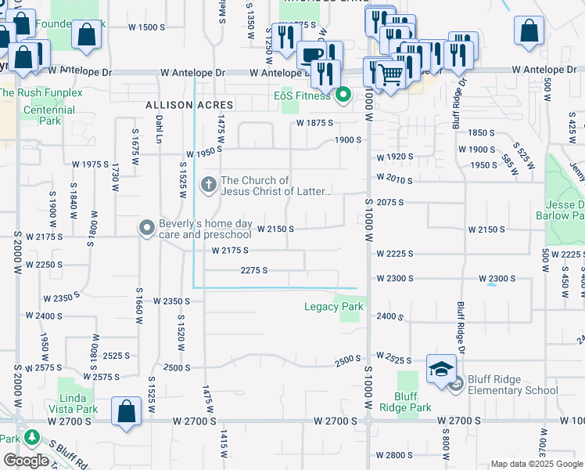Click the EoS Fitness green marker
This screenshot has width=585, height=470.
[343, 97]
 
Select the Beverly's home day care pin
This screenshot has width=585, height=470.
[146, 229]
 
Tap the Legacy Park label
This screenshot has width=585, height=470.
[333, 306]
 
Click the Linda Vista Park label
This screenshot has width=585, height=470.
[77, 403]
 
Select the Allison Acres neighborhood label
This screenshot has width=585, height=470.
[189, 105]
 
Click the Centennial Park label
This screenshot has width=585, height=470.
[50, 115]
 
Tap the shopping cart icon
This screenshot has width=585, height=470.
[389, 74]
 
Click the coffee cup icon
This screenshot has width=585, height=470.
[312, 54]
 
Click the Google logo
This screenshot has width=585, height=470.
[26, 461]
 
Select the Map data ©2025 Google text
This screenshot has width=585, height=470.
[537, 464]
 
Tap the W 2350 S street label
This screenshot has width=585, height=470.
[171, 301]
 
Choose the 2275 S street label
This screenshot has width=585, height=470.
[254, 270]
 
